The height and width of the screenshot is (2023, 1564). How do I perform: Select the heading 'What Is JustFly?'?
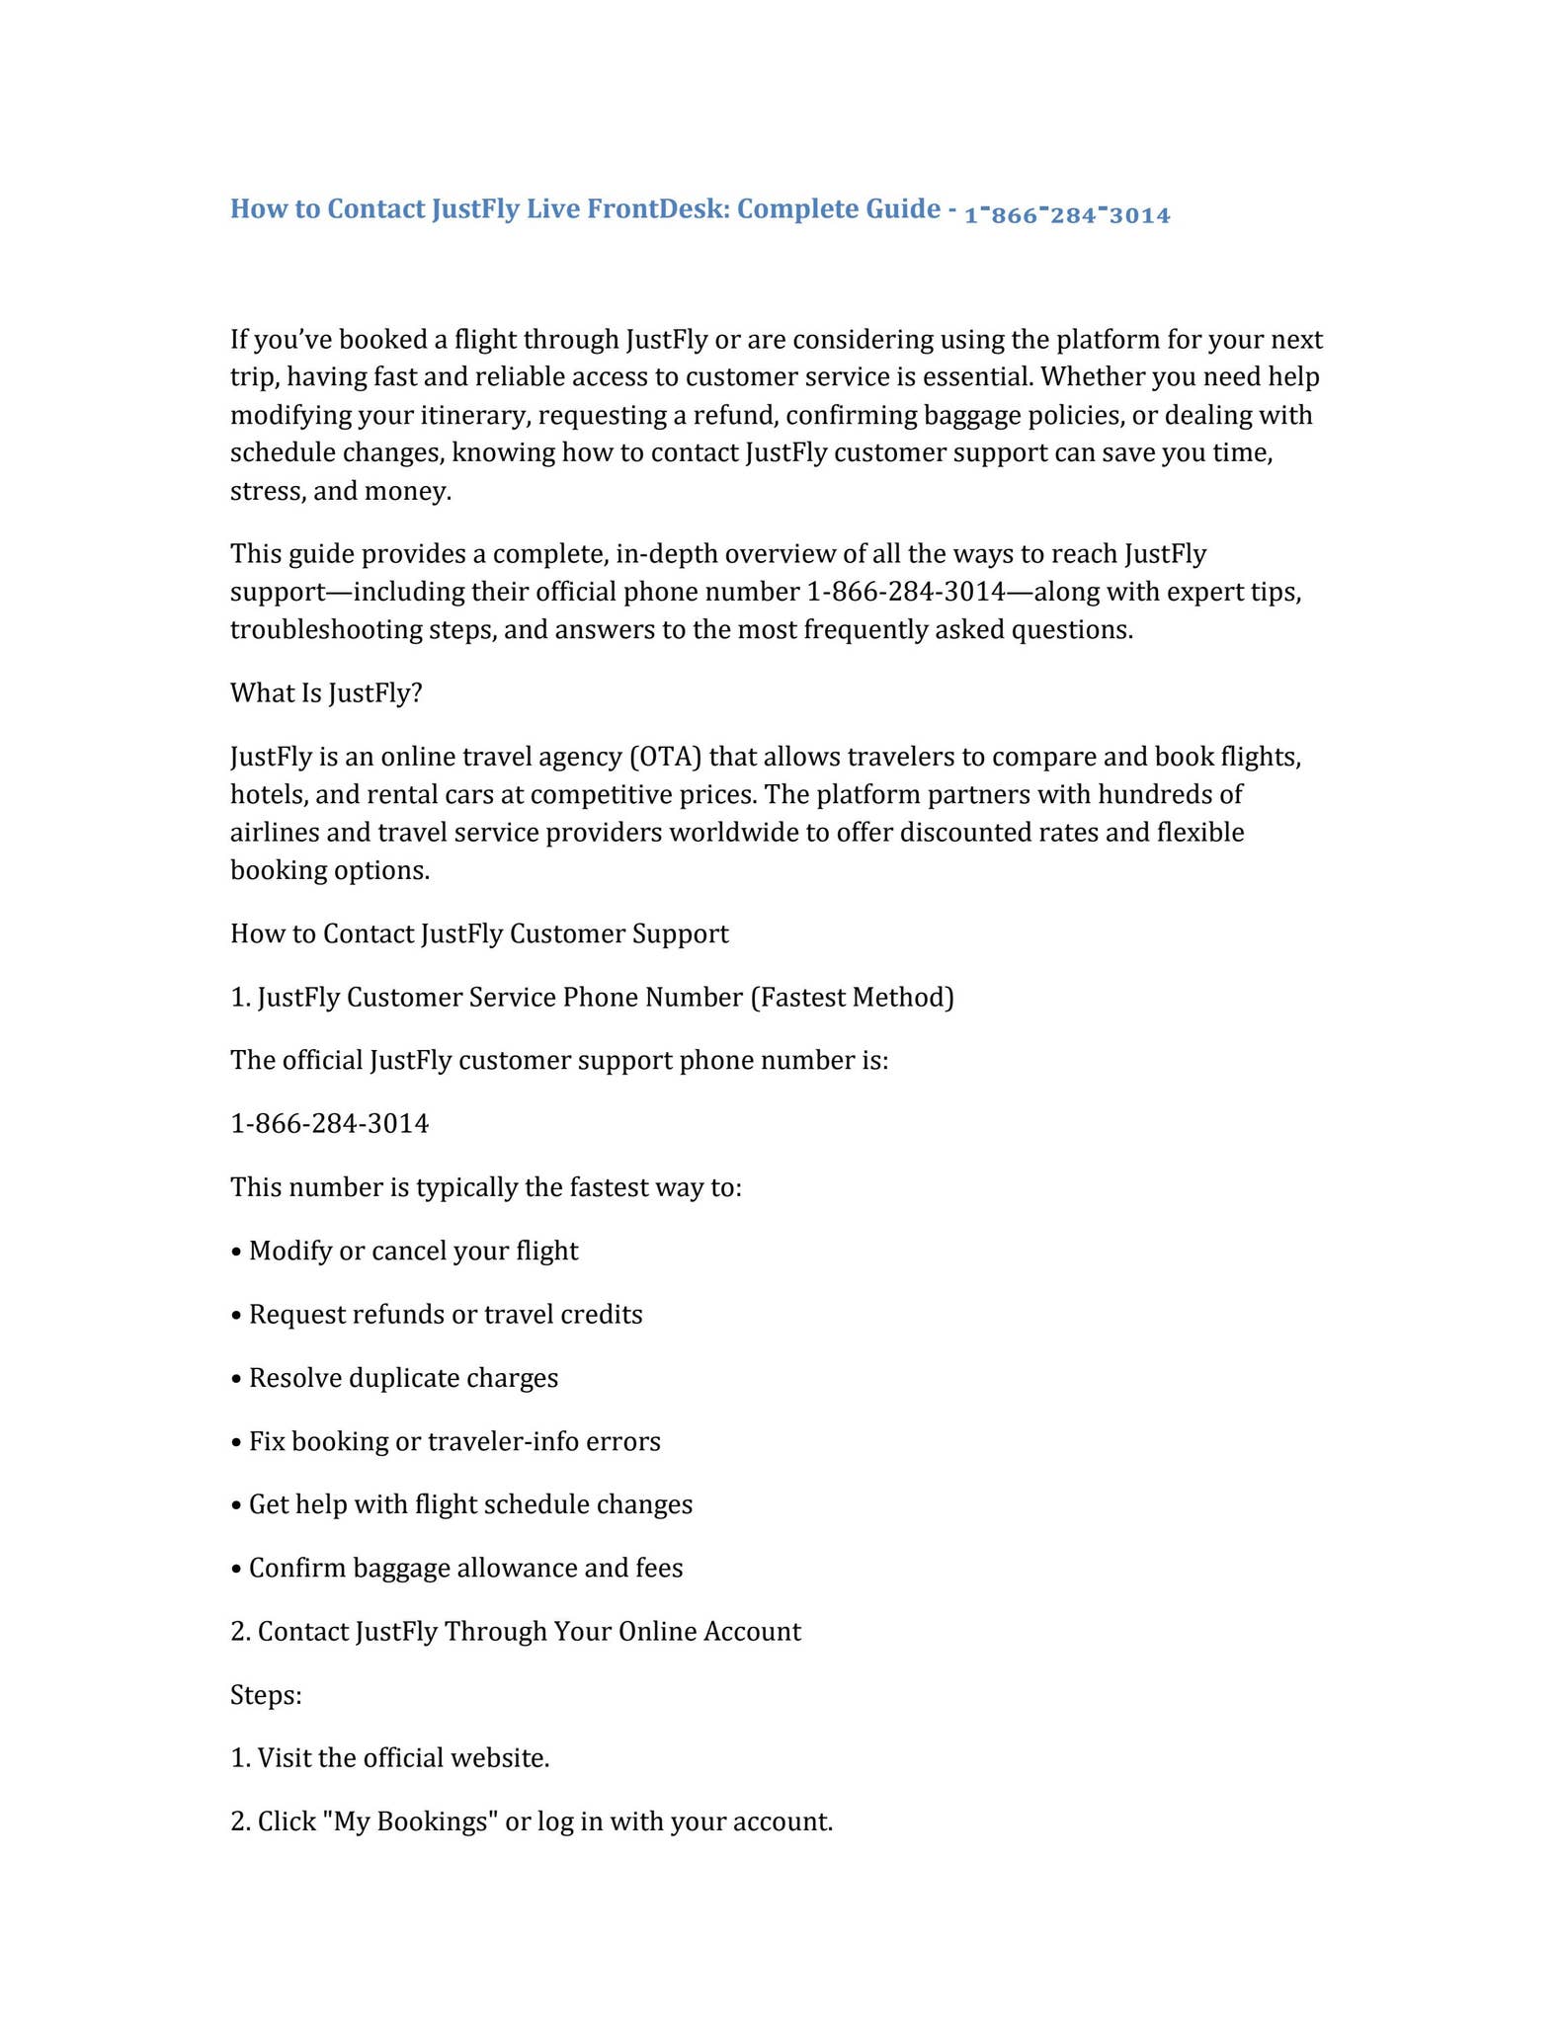pos(326,693)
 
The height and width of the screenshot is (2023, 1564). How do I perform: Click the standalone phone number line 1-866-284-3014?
pos(329,1124)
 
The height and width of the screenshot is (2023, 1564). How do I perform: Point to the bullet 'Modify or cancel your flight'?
pos(413,1252)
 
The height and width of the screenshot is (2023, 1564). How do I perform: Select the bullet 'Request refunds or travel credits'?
pos(445,1315)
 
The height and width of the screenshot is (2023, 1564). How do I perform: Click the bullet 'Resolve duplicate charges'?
pos(403,1378)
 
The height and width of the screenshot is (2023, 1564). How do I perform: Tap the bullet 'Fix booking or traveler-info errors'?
pos(454,1442)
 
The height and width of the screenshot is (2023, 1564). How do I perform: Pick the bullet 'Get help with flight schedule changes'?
pos(470,1505)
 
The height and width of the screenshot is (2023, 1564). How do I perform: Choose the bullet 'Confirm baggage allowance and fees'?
pos(465,1569)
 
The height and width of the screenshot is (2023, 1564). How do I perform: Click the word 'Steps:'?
pos(266,1695)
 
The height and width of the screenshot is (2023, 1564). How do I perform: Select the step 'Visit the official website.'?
pos(403,1758)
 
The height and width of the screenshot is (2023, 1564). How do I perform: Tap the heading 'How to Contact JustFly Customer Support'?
pos(479,934)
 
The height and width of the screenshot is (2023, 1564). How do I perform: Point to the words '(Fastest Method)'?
pos(852,998)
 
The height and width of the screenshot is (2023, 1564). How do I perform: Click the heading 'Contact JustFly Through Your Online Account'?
pos(529,1632)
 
